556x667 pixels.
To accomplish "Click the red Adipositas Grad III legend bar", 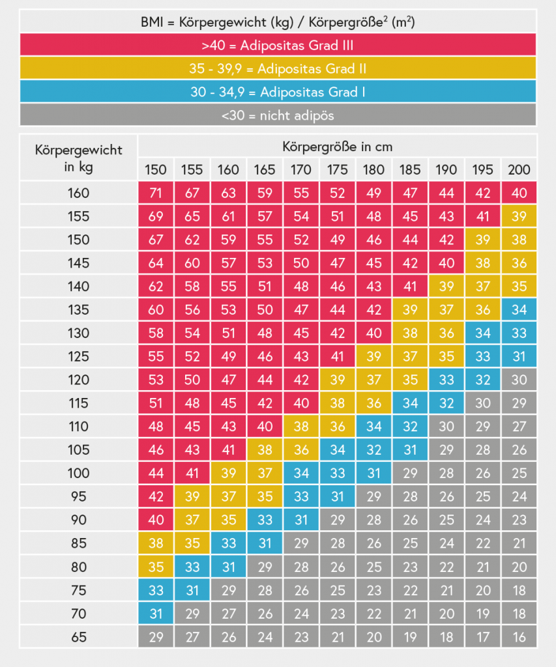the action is pos(278,45).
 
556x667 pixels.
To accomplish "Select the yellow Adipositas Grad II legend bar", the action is pos(278,68).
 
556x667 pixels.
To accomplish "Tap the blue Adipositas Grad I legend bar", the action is pos(278,92).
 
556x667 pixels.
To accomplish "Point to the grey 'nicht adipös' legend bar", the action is pos(278,115).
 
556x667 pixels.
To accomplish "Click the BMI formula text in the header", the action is pos(278,21).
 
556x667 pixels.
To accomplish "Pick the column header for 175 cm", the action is pos(337,170).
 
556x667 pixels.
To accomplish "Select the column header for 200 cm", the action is pos(519,170).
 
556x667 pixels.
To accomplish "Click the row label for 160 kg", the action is pos(79,193).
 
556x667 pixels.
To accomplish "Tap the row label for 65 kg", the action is pos(79,637).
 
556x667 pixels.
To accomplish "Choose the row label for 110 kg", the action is pos(79,427).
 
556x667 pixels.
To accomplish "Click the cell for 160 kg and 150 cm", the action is pos(156,193).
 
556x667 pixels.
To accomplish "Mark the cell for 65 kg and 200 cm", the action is pos(519,637).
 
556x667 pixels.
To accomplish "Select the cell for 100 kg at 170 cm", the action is pos(301,473).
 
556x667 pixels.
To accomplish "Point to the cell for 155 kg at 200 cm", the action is pos(519,216).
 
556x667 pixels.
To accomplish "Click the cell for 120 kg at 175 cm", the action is pos(337,380).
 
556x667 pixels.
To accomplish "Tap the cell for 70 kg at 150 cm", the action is pos(156,614).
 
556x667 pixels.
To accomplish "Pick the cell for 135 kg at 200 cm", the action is pos(519,309).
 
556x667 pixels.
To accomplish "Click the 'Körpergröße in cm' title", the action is pos(337,147).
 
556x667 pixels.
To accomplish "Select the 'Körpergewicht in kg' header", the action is pos(79,158).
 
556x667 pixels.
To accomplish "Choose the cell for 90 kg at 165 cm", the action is pos(265,520).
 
